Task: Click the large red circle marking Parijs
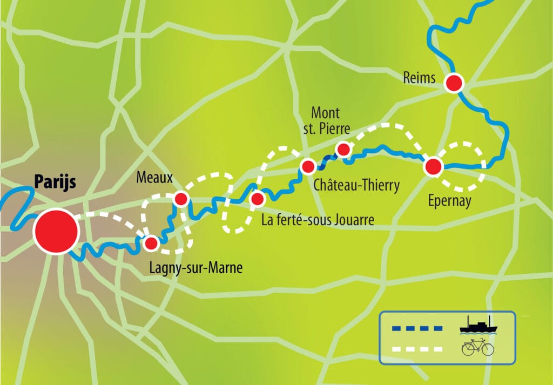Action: tap(56, 232)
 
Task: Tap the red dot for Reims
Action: tap(454, 83)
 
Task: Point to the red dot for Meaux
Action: tap(180, 199)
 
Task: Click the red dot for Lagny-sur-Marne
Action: tap(151, 244)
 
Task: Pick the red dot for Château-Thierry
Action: tap(308, 166)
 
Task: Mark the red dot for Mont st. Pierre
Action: tap(343, 148)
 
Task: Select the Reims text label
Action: tap(419, 78)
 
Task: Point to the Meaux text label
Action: tap(155, 178)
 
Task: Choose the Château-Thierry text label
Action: tap(356, 186)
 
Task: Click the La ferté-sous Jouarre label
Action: tap(318, 220)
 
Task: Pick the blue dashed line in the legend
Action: tap(416, 328)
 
